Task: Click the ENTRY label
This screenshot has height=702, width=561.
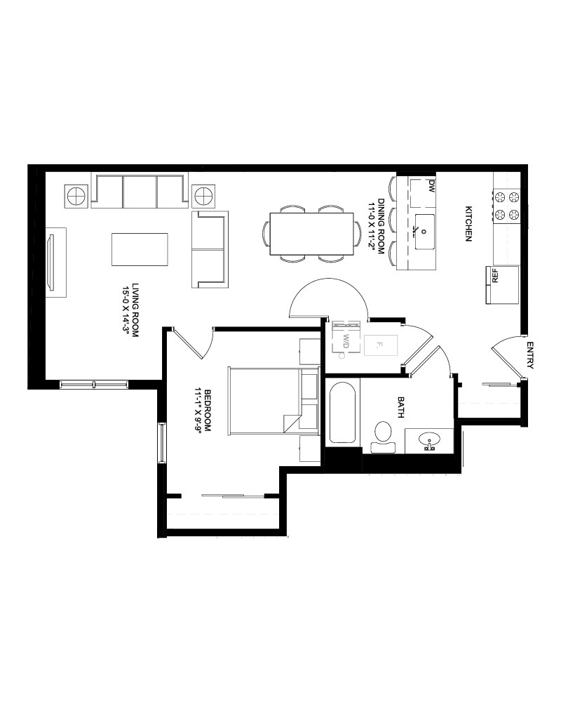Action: (x=530, y=355)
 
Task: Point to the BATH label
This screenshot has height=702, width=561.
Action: (x=400, y=407)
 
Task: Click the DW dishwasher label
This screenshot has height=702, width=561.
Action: (x=431, y=186)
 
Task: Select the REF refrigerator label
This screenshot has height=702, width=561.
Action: (x=495, y=275)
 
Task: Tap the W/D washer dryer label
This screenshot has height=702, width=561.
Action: (x=346, y=340)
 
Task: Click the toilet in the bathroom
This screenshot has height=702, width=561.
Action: (x=383, y=437)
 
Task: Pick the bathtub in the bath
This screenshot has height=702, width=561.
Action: (x=342, y=413)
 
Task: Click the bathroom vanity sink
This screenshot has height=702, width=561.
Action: (x=429, y=441)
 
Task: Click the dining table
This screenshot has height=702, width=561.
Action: (x=312, y=233)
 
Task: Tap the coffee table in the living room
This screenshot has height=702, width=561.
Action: (x=140, y=249)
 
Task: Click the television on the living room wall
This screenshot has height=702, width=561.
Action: (x=51, y=262)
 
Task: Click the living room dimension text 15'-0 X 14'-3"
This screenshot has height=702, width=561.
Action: (x=129, y=311)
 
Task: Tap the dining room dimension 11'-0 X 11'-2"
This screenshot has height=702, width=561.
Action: (x=377, y=227)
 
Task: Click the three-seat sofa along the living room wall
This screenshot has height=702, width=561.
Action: (x=140, y=191)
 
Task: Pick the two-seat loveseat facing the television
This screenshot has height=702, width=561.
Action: (x=210, y=249)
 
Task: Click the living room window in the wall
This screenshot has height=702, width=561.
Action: (x=94, y=385)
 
